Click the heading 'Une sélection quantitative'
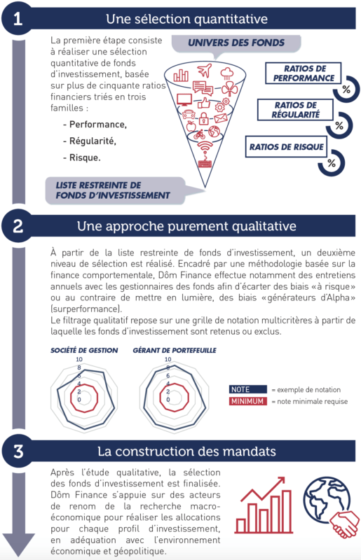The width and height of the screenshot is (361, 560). pos(186,19)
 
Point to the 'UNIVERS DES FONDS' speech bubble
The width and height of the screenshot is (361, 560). pos(236,43)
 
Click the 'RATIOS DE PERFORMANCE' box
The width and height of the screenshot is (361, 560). pos(303,73)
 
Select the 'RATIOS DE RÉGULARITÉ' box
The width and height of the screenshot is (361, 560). pos(295,110)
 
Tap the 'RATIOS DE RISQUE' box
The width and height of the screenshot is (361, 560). pos(286,147)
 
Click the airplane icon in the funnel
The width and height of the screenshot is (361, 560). pos(204,70)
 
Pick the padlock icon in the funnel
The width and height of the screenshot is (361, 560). pos(203,118)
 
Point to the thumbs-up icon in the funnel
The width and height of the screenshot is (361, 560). pos(203,103)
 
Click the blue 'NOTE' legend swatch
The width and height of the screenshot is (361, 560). pos(247,389)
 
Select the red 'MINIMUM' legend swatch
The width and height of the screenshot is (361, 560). pos(247,401)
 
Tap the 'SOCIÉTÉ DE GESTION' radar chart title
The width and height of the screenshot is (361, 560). pos(84,351)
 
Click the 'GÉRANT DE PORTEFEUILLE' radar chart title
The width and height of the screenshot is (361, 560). pos(175,351)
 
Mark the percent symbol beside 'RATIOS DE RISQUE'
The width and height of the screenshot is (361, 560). pos(332,163)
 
